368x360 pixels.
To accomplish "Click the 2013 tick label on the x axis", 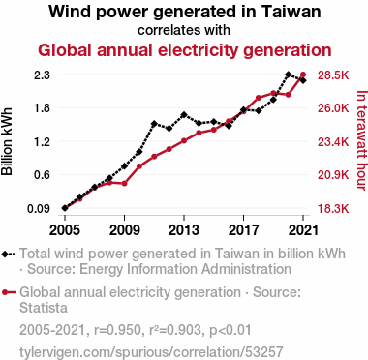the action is (184, 230).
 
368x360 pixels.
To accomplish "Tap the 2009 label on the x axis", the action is (124, 230).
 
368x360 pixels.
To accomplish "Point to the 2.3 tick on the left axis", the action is (42, 75).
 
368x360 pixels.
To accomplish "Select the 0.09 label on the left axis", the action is (39, 209).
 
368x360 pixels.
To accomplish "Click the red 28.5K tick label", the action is (333, 75).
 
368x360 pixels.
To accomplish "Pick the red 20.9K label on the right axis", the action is (333, 175).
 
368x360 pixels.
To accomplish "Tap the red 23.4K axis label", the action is (333, 141).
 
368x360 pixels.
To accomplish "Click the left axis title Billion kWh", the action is (7, 141).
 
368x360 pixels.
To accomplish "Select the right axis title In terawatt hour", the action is (361, 140).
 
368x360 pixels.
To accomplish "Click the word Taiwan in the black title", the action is (291, 12).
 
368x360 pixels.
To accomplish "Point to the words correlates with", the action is (184, 30).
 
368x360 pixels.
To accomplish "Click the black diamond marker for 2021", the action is (303, 80).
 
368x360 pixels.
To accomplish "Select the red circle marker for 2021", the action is (303, 75).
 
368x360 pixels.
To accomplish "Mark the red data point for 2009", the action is (124, 184).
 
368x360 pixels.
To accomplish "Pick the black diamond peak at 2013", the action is (184, 115).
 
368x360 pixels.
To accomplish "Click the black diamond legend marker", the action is (5, 254).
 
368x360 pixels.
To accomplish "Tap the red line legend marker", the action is (9, 292).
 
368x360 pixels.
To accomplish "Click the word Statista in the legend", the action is (44, 308).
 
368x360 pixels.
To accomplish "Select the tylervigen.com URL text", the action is (151, 352).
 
